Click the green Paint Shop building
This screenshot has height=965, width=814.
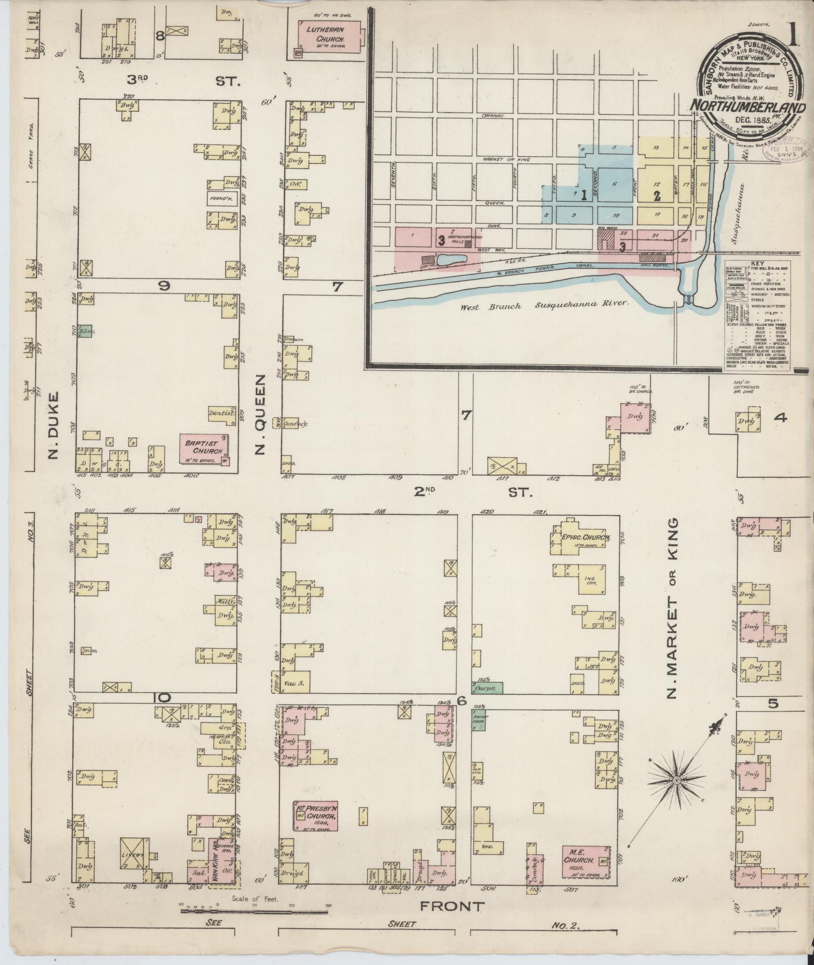(478, 720)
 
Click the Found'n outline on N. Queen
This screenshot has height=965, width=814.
(222, 198)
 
